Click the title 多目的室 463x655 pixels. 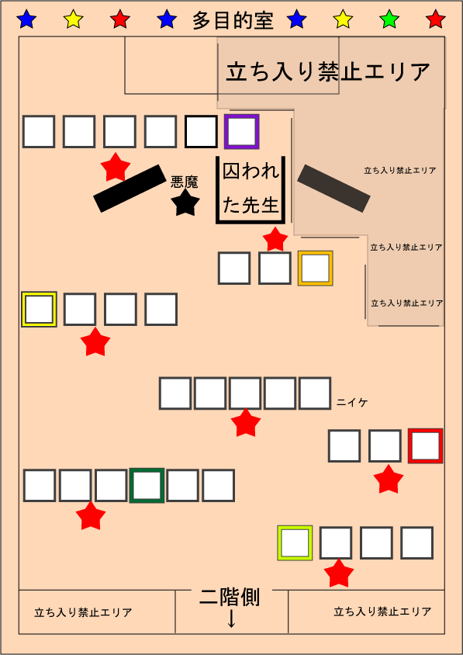233,20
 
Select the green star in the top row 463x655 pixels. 389,19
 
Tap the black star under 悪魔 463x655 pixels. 185,203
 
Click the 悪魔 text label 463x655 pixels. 184,182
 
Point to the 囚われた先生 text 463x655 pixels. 251,189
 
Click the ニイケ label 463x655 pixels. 352,403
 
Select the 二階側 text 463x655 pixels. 230,598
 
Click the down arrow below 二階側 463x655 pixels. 231,619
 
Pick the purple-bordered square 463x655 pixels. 242,131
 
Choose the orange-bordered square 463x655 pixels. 315,269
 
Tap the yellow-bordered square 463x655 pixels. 39,309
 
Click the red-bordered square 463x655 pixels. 426,445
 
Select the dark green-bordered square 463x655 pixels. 147,485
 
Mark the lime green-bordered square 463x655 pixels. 295,542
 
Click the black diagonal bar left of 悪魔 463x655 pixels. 130,188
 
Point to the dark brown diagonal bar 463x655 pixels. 333,189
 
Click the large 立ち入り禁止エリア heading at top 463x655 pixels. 328,72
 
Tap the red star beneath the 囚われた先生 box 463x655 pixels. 275,239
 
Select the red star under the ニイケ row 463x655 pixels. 246,422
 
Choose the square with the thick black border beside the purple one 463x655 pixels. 201,132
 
